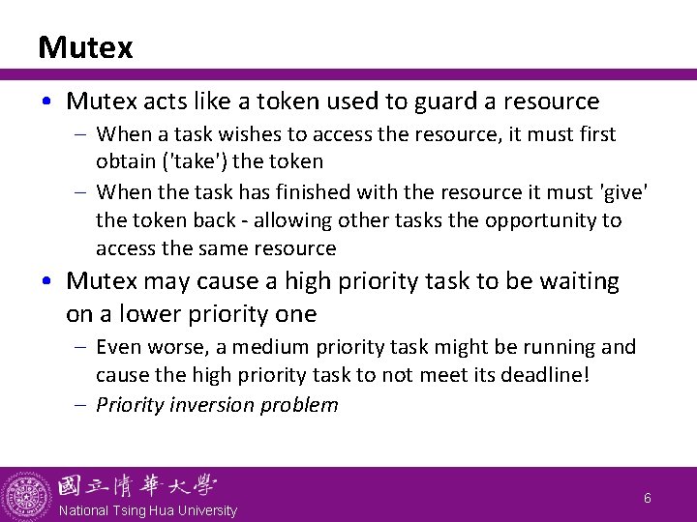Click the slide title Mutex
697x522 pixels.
tap(85, 47)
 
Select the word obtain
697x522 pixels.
tap(124, 160)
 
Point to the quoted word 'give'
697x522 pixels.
tap(620, 191)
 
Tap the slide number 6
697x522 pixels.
tap(648, 498)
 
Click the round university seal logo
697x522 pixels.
tap(26, 495)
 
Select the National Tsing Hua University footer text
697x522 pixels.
tap(147, 510)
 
